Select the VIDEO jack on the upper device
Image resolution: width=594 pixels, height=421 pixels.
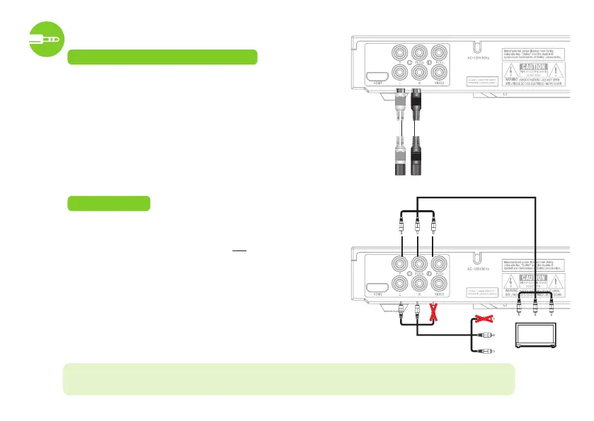[x=440, y=75]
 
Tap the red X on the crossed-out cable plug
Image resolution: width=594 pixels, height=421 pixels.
[x=484, y=321]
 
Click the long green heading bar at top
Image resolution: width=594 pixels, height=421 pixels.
[x=161, y=57]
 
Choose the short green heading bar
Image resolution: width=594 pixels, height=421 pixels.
[x=108, y=204]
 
